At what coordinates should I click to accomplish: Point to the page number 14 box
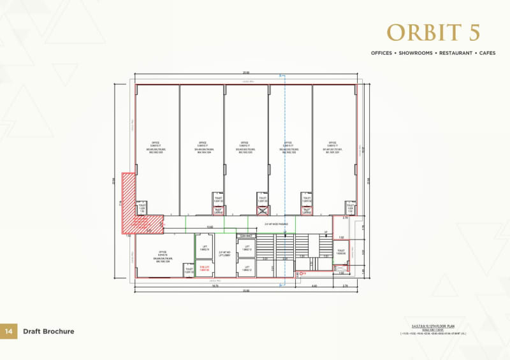[8, 331]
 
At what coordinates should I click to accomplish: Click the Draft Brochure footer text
[48, 331]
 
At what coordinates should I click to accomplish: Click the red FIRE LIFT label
[205, 268]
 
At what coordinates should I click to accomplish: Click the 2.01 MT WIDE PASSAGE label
[277, 224]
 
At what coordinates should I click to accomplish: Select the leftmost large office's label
[155, 147]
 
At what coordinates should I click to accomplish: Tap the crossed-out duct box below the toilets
[261, 210]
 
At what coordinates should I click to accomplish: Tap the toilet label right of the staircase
[341, 252]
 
